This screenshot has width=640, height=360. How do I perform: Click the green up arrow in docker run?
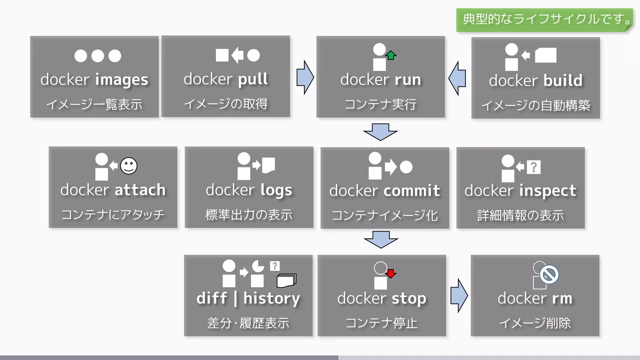click(x=391, y=55)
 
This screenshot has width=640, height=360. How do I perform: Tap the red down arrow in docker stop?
click(x=391, y=273)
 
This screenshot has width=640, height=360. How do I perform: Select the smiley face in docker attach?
click(x=129, y=166)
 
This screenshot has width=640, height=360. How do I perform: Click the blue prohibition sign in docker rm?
click(x=549, y=275)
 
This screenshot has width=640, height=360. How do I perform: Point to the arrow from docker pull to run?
click(x=305, y=77)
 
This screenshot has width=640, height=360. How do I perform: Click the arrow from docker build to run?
click(x=457, y=78)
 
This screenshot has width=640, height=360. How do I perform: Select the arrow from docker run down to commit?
click(x=380, y=132)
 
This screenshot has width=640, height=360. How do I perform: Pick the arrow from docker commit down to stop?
click(x=381, y=240)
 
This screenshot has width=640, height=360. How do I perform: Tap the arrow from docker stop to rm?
click(x=459, y=295)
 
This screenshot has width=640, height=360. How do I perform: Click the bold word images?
click(x=121, y=80)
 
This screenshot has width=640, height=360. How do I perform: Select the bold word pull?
click(x=253, y=79)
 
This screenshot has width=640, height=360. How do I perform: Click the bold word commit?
click(x=412, y=191)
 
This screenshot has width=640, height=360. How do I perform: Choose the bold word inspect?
click(x=547, y=191)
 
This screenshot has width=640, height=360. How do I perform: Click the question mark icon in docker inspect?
click(x=533, y=167)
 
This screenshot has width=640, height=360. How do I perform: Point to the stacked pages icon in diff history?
click(x=286, y=280)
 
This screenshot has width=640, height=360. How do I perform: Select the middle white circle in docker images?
click(x=97, y=56)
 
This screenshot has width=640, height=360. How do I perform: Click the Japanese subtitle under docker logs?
click(x=249, y=215)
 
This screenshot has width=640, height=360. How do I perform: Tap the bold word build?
click(x=563, y=81)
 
